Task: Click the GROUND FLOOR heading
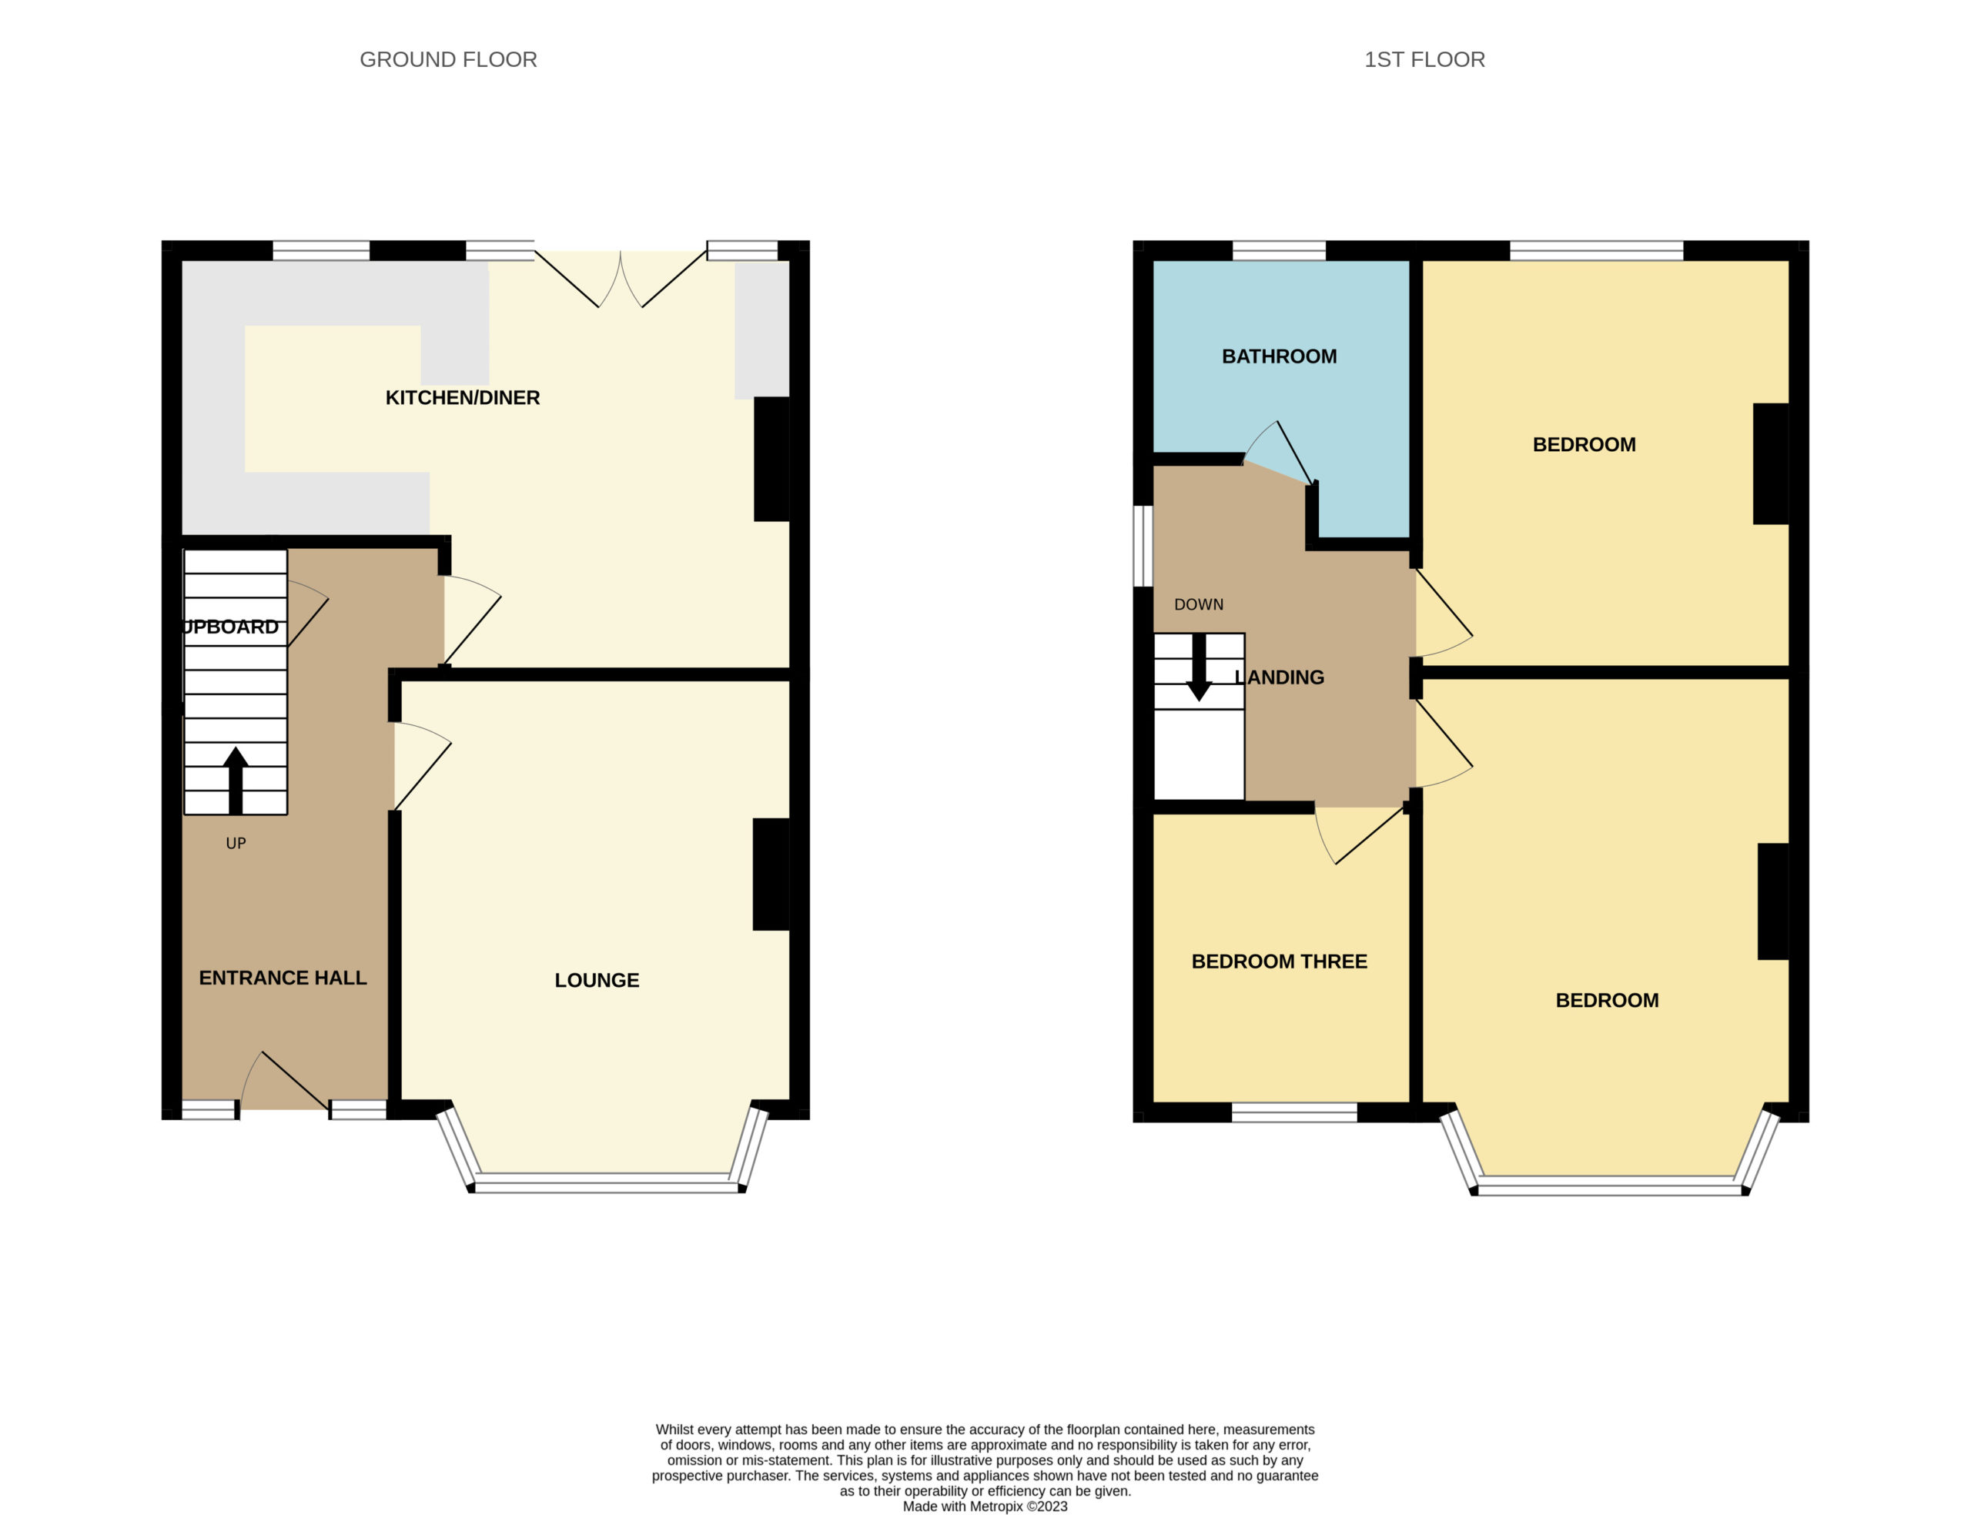coord(448,59)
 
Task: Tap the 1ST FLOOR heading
coord(1424,59)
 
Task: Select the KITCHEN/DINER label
coord(463,398)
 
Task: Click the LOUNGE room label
coord(597,980)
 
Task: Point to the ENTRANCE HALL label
coord(283,978)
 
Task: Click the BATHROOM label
coord(1279,356)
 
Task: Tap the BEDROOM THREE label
coord(1279,962)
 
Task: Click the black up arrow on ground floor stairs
coord(236,781)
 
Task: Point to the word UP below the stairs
coord(236,843)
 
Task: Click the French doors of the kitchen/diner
coord(621,279)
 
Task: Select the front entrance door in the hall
coord(285,1080)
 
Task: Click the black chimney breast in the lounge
coord(771,874)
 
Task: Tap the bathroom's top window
coord(1279,251)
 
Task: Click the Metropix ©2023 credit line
coord(985,1506)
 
